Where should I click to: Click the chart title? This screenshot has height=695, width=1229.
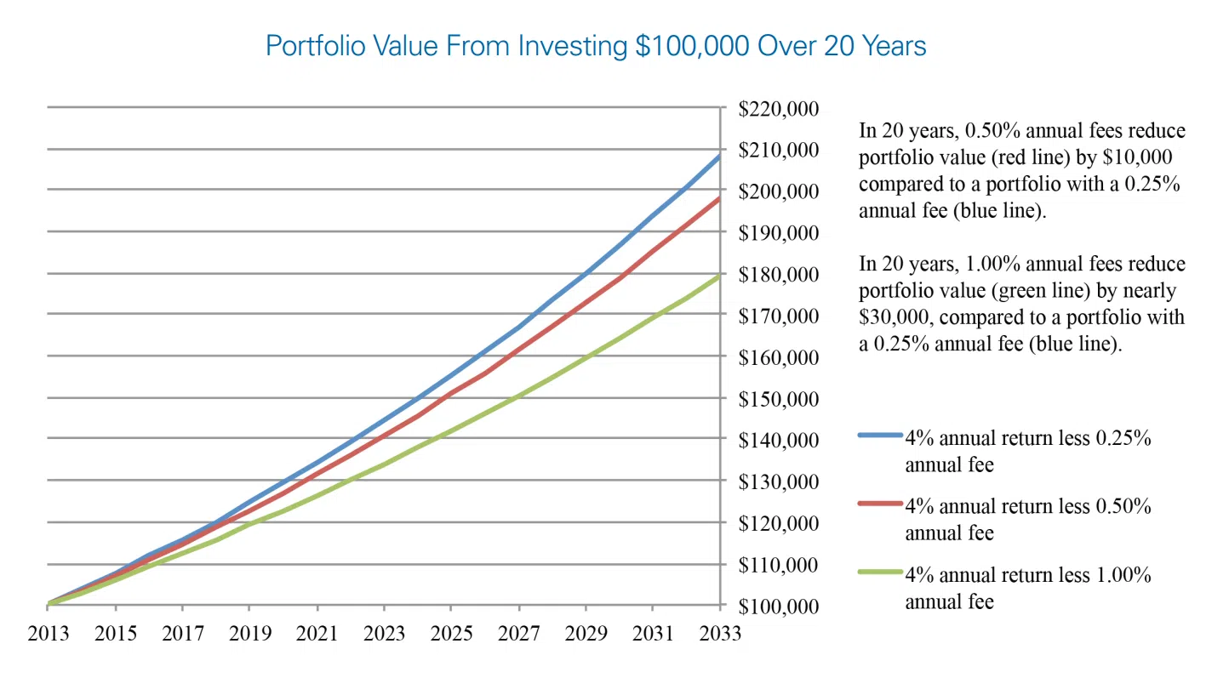pos(596,45)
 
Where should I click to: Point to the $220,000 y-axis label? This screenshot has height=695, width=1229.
pos(778,109)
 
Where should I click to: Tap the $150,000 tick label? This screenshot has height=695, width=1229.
pos(778,399)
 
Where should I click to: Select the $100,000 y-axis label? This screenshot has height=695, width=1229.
pos(778,607)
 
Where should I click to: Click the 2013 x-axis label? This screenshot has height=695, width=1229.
pos(49,634)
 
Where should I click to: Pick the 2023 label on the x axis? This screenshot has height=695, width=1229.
pos(385,634)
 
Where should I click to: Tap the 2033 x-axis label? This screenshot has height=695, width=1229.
pos(720,634)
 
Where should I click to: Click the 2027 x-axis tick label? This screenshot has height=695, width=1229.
pos(519,634)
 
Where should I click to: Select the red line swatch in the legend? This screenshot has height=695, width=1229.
pos(880,504)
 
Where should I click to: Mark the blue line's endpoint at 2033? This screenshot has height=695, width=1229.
pos(719,157)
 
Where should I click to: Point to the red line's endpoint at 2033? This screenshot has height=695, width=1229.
pos(719,199)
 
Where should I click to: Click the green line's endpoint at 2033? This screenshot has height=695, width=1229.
pos(719,276)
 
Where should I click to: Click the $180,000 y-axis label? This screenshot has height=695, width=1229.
pos(778,275)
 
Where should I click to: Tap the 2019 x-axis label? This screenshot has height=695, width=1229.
pos(250,634)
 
